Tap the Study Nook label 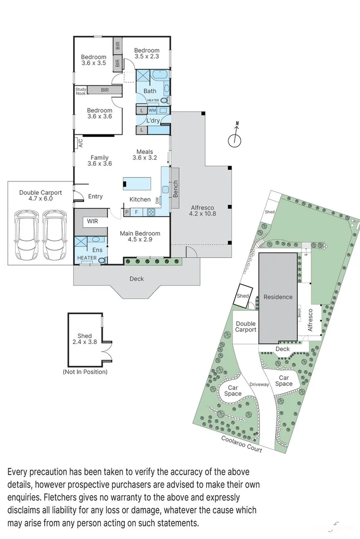click(x=81, y=91)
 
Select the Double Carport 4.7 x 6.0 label click(x=40, y=195)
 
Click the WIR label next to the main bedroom click(x=93, y=221)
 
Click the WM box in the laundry click(x=152, y=110)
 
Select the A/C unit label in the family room click(x=80, y=143)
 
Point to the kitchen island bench click(x=138, y=183)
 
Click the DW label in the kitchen click(x=157, y=201)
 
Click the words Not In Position click(x=85, y=372)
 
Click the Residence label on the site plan click(x=278, y=297)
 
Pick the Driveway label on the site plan click(x=259, y=384)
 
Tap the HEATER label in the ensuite click(x=87, y=258)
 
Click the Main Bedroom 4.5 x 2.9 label click(x=140, y=236)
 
